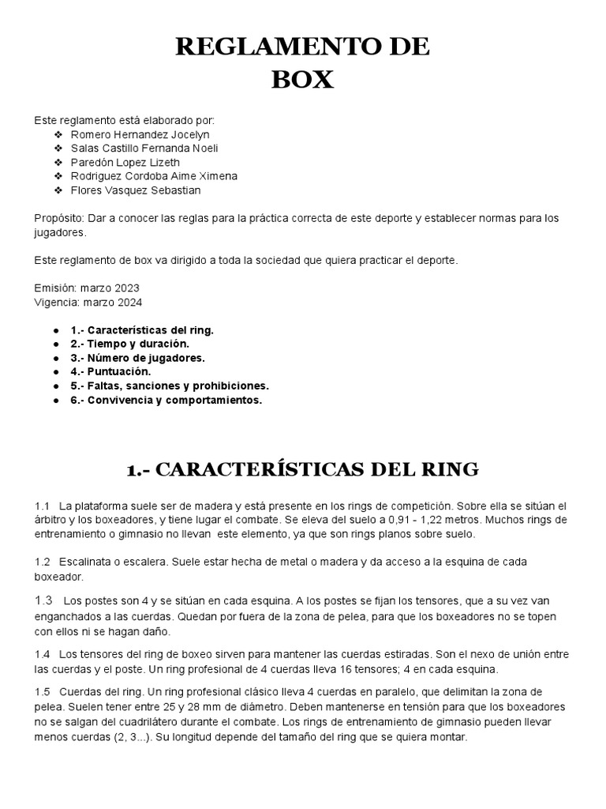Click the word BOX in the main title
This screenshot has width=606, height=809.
tap(302, 80)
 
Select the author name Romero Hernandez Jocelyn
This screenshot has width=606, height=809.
tap(145, 134)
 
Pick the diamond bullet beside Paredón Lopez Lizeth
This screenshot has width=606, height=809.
tap(58, 162)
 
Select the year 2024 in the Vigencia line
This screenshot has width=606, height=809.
tap(129, 302)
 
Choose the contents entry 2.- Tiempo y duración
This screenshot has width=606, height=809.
tap(130, 344)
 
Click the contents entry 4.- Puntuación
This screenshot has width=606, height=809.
tap(110, 371)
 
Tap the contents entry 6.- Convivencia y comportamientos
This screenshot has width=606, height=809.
tap(166, 400)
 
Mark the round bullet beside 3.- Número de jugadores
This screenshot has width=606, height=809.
tap(56, 358)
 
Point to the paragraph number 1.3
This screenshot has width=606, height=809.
tap(43, 600)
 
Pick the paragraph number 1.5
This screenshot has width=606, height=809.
tap(43, 692)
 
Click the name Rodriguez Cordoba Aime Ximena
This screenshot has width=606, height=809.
tap(154, 176)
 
